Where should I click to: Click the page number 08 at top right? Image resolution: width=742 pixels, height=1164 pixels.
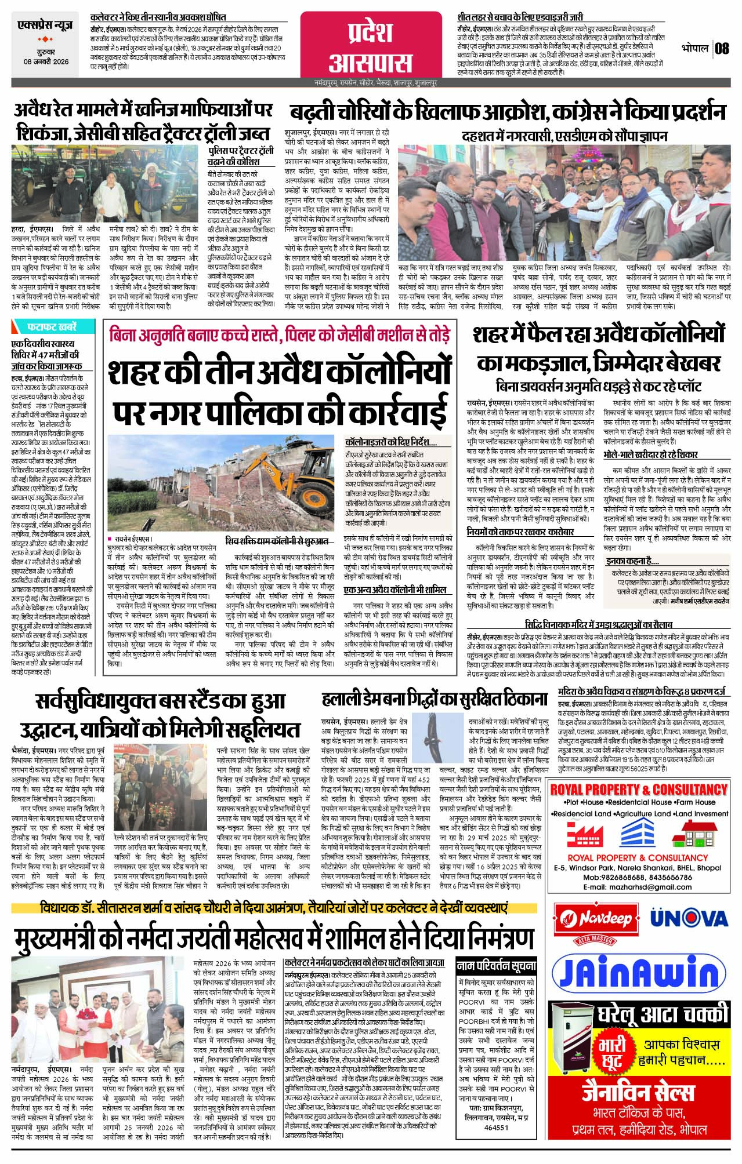pyautogui.click(x=722, y=48)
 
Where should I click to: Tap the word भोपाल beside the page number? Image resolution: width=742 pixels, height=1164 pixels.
pyautogui.click(x=696, y=48)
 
